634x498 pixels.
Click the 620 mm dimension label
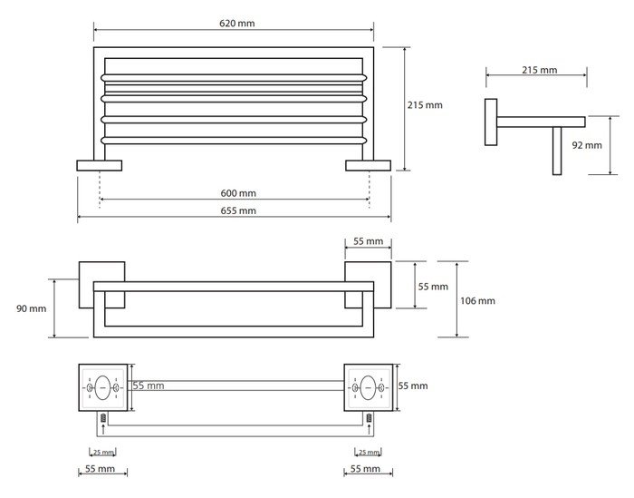[x=234, y=24]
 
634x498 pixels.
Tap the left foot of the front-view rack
[x=99, y=165]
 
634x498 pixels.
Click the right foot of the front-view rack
[x=368, y=165]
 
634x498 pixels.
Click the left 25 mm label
[x=102, y=452]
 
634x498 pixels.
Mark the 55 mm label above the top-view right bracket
[x=368, y=242]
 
